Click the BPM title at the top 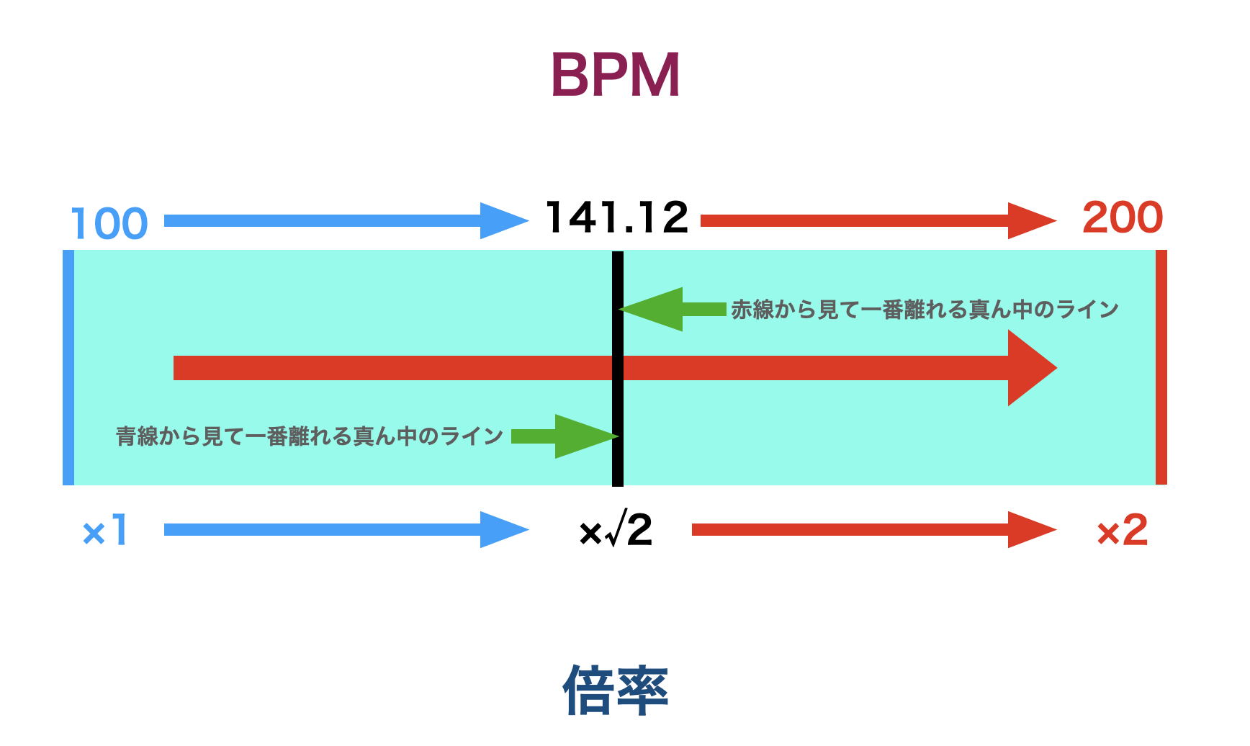coord(615,75)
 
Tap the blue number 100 coord(109,223)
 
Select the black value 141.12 coord(617,217)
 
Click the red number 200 coord(1122,217)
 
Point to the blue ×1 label coord(105,531)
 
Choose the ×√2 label coord(616,531)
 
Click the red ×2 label coord(1121,531)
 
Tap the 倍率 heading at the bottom coord(616,690)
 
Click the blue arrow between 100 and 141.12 coord(346,220)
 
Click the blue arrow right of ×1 coord(346,530)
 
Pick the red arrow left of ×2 coord(873,530)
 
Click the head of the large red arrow coord(1031,368)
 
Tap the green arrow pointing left coord(671,310)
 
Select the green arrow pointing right coord(566,436)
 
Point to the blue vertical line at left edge coord(68,367)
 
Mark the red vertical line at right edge coord(1161,367)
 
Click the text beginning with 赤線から coord(925,310)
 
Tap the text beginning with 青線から coord(310,436)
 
